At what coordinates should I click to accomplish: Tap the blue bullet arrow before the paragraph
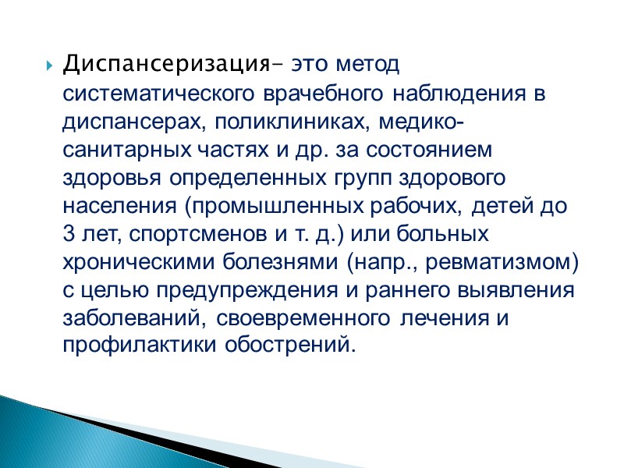click(49, 64)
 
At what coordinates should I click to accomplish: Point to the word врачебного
click(319, 95)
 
